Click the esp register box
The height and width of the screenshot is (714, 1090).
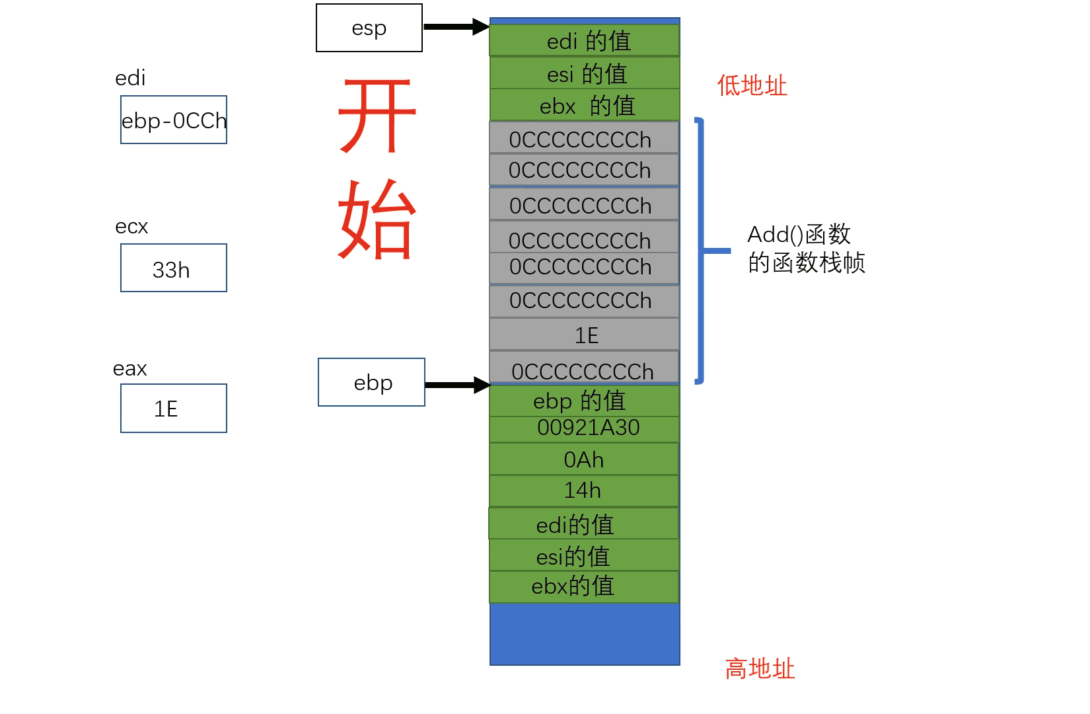369,28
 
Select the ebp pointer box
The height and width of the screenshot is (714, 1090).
371,382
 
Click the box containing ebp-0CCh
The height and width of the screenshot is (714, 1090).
174,120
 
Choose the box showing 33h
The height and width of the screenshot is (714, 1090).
174,268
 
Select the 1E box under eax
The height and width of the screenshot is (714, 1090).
174,408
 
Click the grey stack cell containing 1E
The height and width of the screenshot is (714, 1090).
585,335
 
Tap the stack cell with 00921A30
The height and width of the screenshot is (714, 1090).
585,428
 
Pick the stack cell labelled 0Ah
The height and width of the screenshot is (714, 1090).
585,459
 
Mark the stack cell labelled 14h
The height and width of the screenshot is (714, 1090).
585,490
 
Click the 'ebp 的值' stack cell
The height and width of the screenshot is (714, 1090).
585,401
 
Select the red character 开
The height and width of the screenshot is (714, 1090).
377,116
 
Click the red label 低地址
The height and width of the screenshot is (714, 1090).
752,85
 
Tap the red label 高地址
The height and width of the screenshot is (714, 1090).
760,668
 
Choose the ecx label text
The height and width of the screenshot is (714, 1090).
131,227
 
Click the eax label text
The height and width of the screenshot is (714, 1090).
129,368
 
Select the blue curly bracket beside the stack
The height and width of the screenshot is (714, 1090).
702,251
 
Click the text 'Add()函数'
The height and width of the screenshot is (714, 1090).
799,235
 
